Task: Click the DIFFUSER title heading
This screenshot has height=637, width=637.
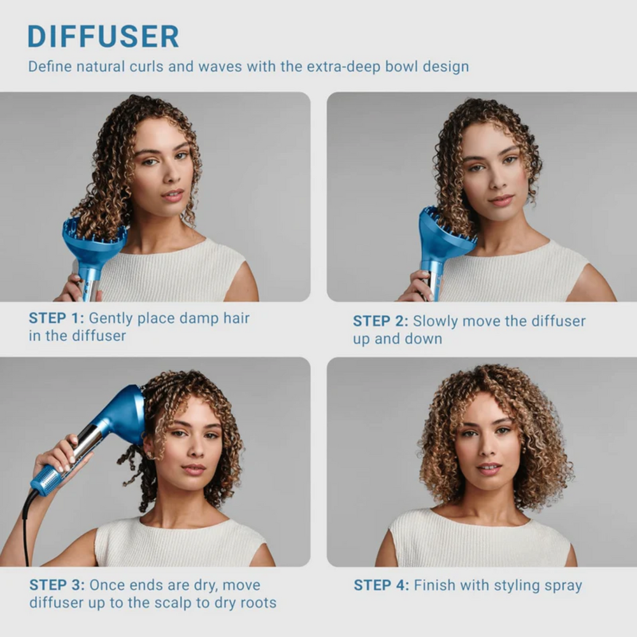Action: (x=103, y=36)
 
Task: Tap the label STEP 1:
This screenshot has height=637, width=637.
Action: (x=56, y=318)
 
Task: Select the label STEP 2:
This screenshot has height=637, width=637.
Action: (x=380, y=321)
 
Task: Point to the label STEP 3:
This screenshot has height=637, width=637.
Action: (x=57, y=585)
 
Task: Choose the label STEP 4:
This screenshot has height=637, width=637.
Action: (x=381, y=585)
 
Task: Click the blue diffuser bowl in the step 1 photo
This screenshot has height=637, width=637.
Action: (x=94, y=240)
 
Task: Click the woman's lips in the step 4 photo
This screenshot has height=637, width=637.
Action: (x=489, y=468)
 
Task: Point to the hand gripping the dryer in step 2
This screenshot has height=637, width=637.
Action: (x=417, y=285)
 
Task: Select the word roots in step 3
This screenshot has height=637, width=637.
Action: (x=257, y=602)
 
